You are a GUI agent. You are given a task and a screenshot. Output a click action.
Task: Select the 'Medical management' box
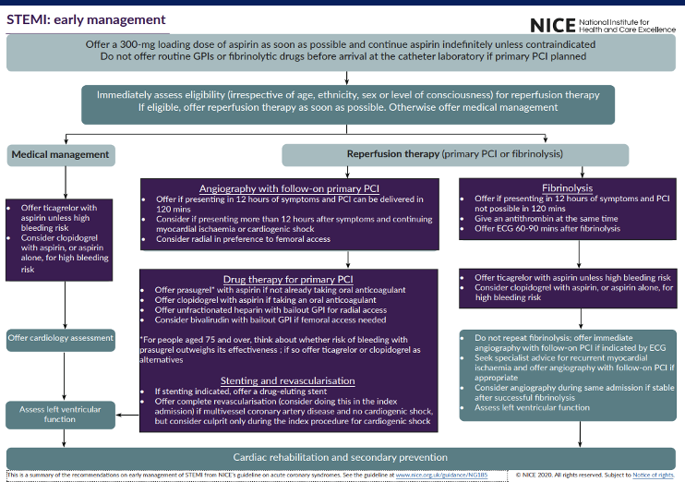(62, 154)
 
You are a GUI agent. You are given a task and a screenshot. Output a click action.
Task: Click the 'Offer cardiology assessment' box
(61, 339)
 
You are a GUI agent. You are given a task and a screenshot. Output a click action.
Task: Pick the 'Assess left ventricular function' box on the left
(61, 413)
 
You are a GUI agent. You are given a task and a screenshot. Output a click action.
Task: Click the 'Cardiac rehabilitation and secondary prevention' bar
(342, 457)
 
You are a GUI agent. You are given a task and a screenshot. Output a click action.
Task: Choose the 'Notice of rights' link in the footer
(653, 475)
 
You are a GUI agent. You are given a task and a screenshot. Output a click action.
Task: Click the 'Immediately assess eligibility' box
(341, 101)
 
